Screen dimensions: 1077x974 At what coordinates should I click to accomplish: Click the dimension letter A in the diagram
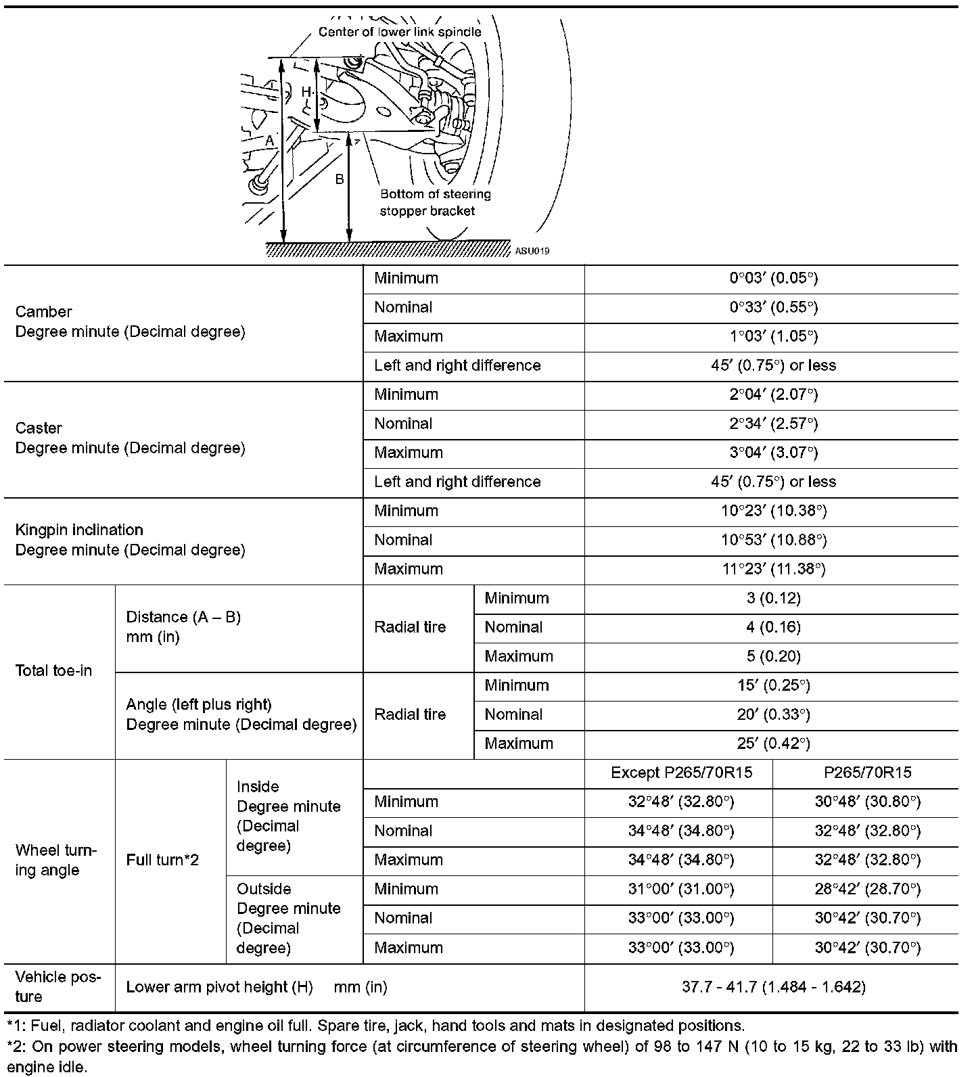click(269, 141)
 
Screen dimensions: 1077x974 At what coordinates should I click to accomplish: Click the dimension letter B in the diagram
click(340, 179)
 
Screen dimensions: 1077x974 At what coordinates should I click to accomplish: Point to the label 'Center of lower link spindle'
click(400, 32)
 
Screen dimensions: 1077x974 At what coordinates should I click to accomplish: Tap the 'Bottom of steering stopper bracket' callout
click(435, 202)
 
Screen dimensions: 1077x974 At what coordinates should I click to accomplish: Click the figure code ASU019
click(532, 251)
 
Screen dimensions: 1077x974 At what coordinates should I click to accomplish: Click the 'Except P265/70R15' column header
click(681, 773)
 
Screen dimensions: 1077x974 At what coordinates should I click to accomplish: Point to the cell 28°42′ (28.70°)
click(867, 889)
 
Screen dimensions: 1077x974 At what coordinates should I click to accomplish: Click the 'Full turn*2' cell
click(162, 860)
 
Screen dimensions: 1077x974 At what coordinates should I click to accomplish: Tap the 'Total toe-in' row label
click(53, 671)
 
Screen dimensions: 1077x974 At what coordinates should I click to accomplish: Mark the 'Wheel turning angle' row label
click(56, 860)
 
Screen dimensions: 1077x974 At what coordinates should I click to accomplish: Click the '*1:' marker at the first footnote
click(14, 1026)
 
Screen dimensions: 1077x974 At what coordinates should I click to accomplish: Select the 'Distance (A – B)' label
click(183, 617)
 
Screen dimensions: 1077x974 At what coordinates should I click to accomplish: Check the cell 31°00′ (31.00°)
click(681, 889)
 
